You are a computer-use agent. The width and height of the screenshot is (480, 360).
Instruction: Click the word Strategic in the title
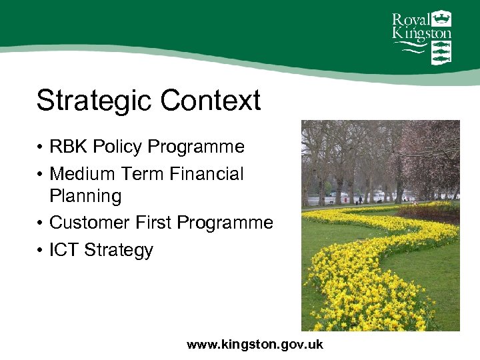pos(95,101)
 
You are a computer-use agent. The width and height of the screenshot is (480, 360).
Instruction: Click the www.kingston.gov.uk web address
pos(255,345)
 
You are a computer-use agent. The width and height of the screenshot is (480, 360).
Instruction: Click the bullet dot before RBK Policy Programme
pos(41,147)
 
